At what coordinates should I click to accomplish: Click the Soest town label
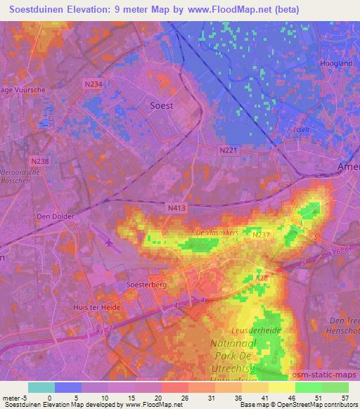point(162,105)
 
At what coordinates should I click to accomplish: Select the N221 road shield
point(228,150)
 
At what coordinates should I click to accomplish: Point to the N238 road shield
point(41,161)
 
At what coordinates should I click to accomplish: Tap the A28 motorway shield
point(262,279)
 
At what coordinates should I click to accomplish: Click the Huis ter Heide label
point(98,308)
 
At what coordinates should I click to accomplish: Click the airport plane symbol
point(110,243)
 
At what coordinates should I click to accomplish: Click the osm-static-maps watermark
point(325,376)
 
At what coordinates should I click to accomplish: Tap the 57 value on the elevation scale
point(345,397)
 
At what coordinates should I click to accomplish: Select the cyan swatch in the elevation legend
point(41,387)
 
